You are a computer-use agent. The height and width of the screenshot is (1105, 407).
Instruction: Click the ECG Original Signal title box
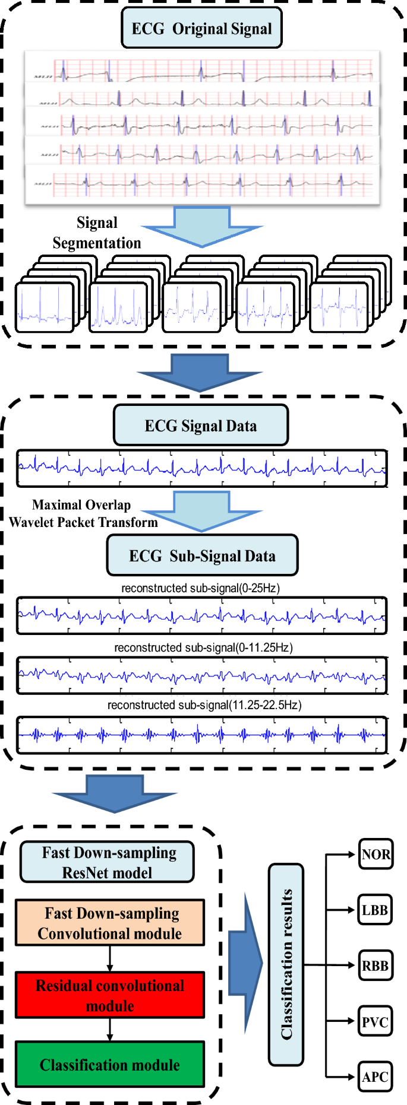click(201, 28)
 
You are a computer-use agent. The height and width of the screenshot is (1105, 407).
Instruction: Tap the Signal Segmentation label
click(97, 233)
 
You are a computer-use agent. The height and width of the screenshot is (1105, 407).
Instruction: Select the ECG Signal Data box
click(201, 426)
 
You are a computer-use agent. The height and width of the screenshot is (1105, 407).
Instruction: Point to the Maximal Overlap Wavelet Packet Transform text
click(83, 513)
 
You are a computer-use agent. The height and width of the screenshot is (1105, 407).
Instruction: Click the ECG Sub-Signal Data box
click(202, 555)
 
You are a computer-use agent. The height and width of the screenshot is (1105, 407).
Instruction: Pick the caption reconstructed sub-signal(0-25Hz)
click(200, 588)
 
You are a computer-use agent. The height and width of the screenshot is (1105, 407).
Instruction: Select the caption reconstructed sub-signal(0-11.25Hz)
click(203, 647)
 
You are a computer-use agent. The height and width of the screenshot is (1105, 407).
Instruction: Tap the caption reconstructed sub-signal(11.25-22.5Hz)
click(204, 705)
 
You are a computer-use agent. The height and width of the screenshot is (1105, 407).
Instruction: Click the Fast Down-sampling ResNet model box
click(108, 862)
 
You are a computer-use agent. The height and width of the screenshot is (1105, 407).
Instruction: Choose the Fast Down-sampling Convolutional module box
click(110, 923)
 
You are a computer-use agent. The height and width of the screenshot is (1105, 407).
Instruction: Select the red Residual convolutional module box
click(110, 995)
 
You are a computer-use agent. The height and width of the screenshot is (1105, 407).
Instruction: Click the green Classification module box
click(110, 1065)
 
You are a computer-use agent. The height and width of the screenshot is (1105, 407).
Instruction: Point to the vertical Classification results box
click(286, 964)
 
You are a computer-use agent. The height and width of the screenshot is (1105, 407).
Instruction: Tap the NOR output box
click(376, 855)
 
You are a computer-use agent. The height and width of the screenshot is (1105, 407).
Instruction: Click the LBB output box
click(375, 910)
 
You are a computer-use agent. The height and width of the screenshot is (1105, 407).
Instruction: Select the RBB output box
click(375, 966)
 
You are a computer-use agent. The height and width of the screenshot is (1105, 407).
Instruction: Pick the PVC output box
click(375, 1022)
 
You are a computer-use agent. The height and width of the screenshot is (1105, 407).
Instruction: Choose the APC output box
click(375, 1077)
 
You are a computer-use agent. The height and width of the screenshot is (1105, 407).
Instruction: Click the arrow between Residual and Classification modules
click(110, 1030)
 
